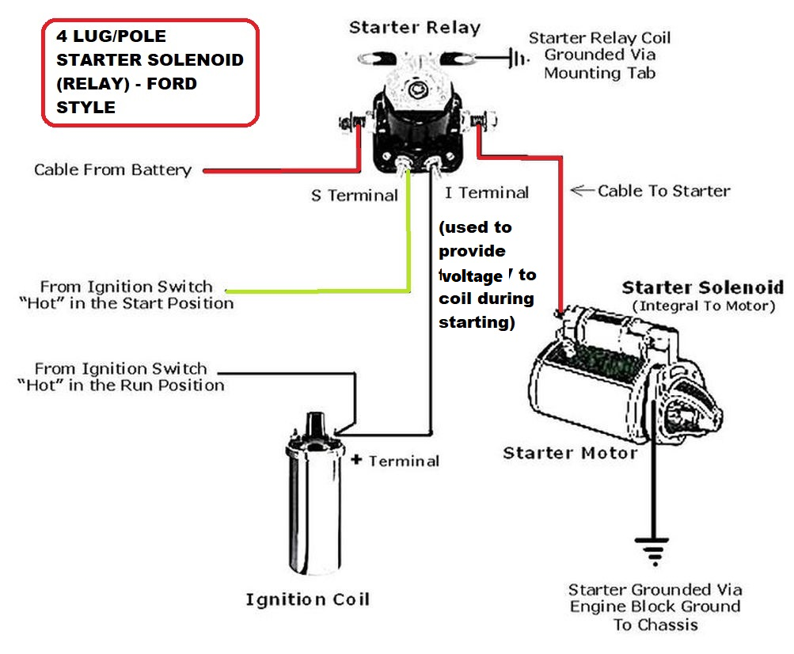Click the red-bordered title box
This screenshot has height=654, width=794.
pos(150,72)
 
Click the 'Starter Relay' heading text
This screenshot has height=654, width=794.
pos(415,28)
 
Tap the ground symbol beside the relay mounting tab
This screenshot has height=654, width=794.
pos(517,57)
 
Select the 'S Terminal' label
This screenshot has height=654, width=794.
pos(354,195)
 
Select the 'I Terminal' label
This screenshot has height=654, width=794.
pos(486,192)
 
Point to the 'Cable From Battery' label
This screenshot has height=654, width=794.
pos(112,169)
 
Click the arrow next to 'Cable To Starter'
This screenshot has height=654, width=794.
pos(581,190)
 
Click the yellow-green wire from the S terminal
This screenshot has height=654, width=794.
pos(408,238)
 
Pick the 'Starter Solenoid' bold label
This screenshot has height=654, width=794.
pos(702,287)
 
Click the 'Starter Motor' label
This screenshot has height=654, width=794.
pos(570,453)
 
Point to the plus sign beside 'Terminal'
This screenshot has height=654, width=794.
pos(355,459)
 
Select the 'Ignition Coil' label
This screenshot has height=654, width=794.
pos(307,599)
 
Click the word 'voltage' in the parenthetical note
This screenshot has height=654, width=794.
pos(473,276)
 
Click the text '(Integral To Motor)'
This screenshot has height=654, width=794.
pos(703,306)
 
